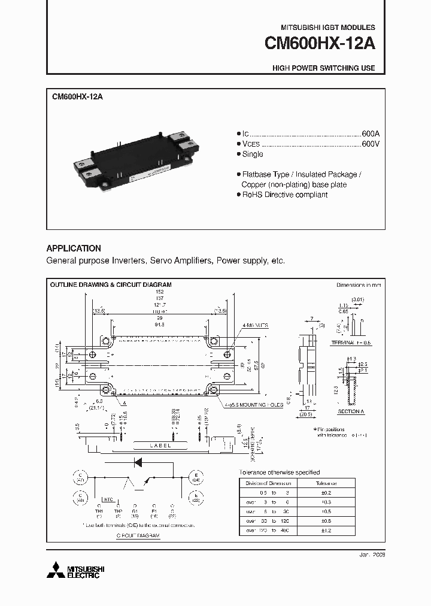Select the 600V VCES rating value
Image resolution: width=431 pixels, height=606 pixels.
370,144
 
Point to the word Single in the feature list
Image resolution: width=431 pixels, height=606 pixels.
252,154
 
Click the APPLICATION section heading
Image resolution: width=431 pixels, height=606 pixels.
74,248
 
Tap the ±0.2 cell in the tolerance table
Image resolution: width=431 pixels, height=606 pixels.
326,492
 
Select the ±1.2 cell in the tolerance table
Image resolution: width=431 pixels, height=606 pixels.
326,531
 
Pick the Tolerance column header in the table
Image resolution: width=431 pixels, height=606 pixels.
326,483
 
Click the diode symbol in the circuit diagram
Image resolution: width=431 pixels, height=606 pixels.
138,462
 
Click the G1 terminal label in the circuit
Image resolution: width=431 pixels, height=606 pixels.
136,511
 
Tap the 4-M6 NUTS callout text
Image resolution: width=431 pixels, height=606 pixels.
256,325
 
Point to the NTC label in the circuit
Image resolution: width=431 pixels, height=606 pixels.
107,498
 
